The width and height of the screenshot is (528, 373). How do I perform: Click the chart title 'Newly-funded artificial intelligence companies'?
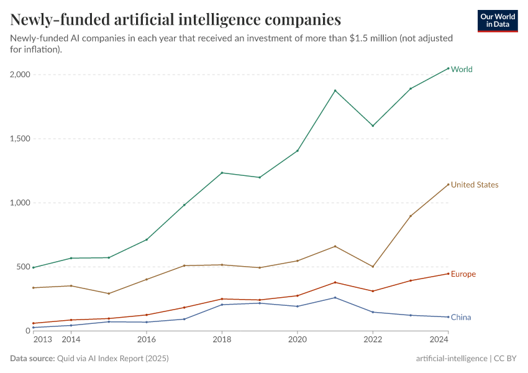point(175,20)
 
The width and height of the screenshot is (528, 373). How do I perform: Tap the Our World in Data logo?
point(497,21)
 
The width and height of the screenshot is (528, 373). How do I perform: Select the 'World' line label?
point(462,70)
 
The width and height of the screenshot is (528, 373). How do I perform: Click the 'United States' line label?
point(475,185)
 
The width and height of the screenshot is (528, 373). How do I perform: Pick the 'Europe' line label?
point(463,274)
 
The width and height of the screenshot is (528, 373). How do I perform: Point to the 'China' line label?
point(461,318)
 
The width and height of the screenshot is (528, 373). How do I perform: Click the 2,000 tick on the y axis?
point(20,75)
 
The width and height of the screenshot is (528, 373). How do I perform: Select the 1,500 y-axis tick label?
point(20,139)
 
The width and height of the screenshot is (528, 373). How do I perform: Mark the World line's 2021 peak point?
point(335,91)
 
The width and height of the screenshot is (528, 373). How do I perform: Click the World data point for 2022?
point(373,126)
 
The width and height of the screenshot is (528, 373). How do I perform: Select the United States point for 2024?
point(448,184)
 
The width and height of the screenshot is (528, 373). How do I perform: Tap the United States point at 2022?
point(373,267)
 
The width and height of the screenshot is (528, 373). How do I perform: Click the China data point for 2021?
point(335,298)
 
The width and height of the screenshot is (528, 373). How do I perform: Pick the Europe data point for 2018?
point(222,299)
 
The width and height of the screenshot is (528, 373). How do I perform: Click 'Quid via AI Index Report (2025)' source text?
point(112,359)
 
